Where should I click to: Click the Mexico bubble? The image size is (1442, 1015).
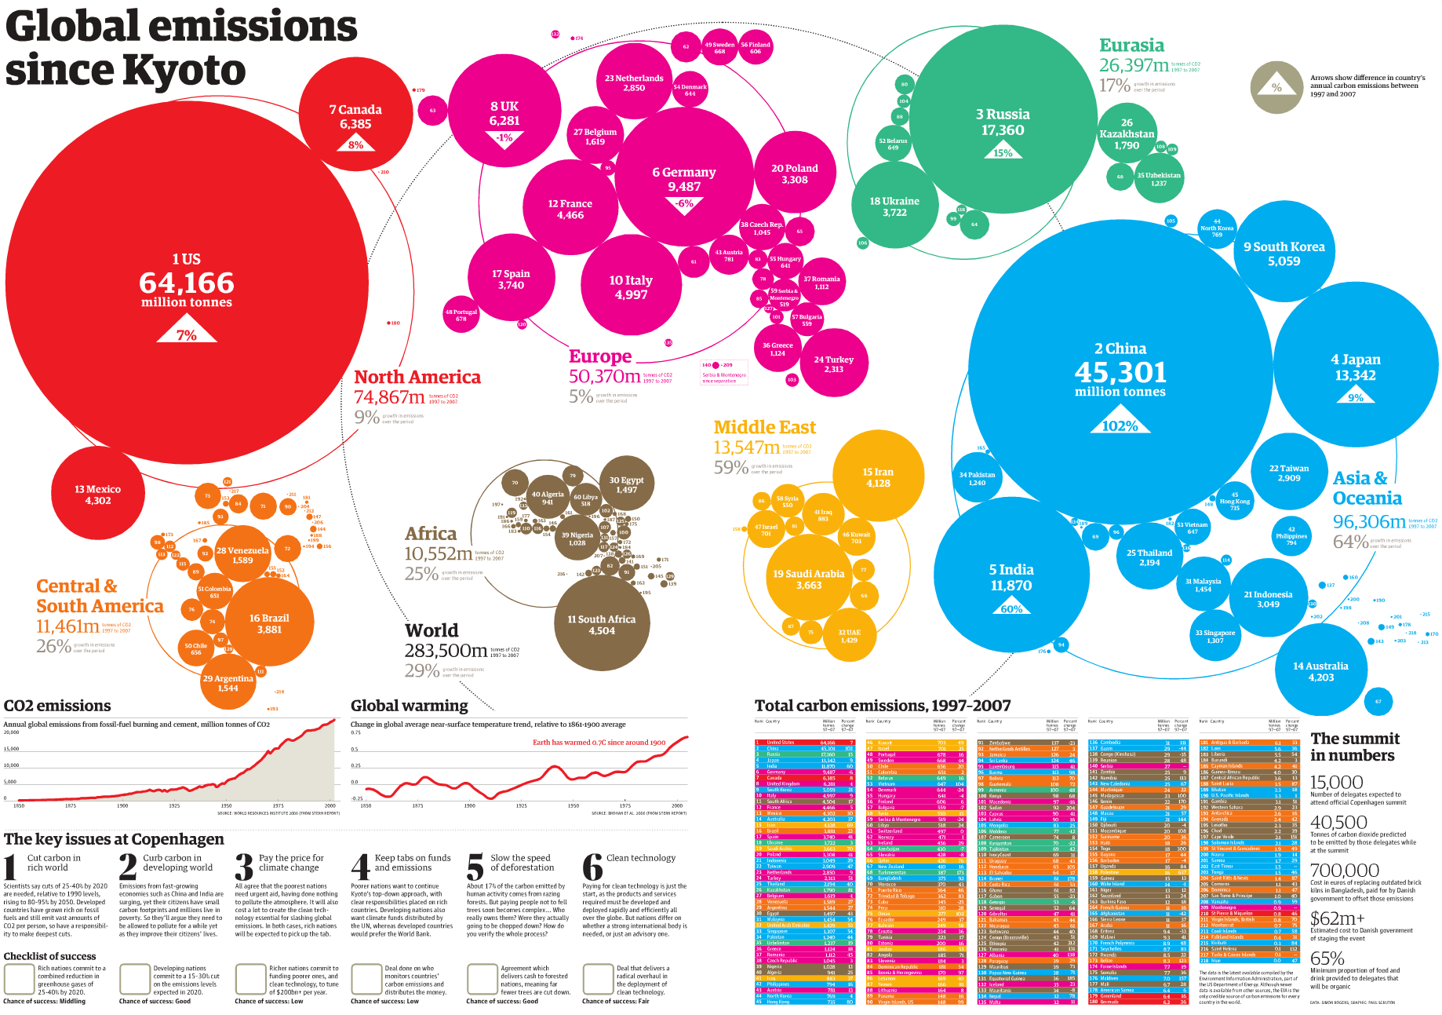pyautogui.click(x=97, y=495)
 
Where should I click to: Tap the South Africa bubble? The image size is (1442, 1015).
pyautogui.click(x=602, y=624)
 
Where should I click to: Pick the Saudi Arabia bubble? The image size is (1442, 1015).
pyautogui.click(x=809, y=579)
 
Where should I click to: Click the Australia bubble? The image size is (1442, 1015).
pyautogui.click(x=1320, y=671)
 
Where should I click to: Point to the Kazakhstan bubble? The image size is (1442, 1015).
pyautogui.click(x=1127, y=134)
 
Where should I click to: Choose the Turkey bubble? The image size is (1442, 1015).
pyautogui.click(x=833, y=364)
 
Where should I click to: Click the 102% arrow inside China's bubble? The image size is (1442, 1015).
pyautogui.click(x=1120, y=425)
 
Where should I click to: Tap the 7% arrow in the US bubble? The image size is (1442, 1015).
pyautogui.click(x=186, y=334)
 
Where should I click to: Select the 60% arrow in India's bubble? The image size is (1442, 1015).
pyautogui.click(x=1011, y=608)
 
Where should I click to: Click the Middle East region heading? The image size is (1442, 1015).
pyautogui.click(x=764, y=427)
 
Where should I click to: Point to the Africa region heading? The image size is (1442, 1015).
pyautogui.click(x=431, y=534)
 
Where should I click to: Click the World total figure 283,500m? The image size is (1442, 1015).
pyautogui.click(x=446, y=651)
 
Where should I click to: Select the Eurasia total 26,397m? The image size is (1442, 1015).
pyautogui.click(x=1134, y=65)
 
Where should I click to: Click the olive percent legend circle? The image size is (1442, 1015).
pyautogui.click(x=1276, y=87)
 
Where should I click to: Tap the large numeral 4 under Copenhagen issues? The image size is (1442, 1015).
pyautogui.click(x=360, y=867)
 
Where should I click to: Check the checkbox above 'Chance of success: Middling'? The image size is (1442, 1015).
pyautogui.click(x=18, y=979)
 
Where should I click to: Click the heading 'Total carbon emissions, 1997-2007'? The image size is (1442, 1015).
pyautogui.click(x=883, y=706)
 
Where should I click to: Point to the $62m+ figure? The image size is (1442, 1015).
pyautogui.click(x=1338, y=918)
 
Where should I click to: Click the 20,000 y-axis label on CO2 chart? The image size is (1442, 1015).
pyautogui.click(x=11, y=732)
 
